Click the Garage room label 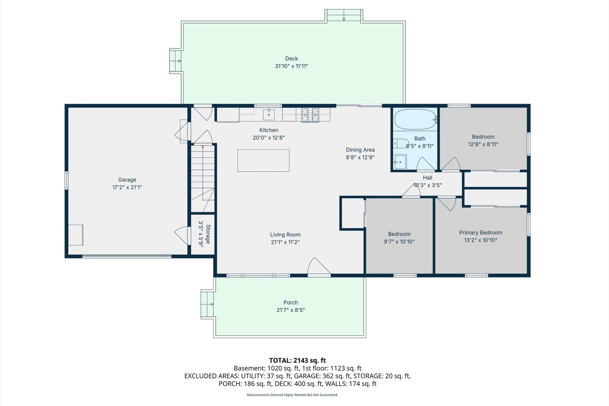tap(127, 180)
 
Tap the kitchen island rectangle tap(263, 161)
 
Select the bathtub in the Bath tap(415, 120)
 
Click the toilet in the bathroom tap(401, 143)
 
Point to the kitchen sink tap(269, 115)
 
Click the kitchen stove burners tap(310, 115)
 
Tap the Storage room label tap(208, 234)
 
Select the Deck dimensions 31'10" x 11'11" tap(291, 66)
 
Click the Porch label tap(291, 302)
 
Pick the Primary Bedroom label tap(481, 232)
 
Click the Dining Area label tap(360, 150)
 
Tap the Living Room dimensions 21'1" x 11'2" tap(285, 242)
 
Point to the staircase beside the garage tap(203, 179)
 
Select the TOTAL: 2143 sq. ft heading tap(297, 360)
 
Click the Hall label tap(427, 177)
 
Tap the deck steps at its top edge tap(344, 15)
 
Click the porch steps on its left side tap(207, 304)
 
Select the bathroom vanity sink tap(400, 162)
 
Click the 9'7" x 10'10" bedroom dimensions tap(399, 241)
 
